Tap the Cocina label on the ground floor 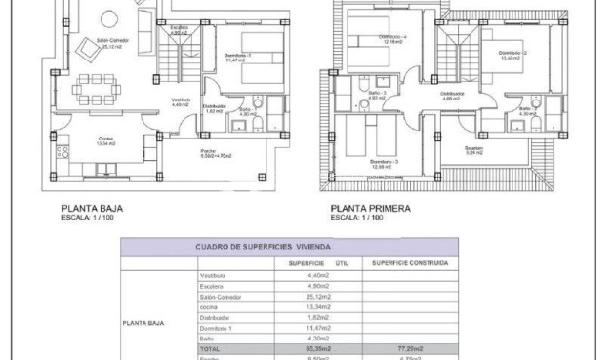pyautogui.click(x=104, y=140)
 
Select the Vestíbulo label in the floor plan pyautogui.click(x=181, y=100)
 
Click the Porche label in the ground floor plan pyautogui.click(x=208, y=152)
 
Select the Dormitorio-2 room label pyautogui.click(x=512, y=54)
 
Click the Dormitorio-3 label pyautogui.click(x=383, y=162)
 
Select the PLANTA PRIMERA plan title pyautogui.click(x=370, y=208)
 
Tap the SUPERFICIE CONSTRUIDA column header pyautogui.click(x=410, y=263)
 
